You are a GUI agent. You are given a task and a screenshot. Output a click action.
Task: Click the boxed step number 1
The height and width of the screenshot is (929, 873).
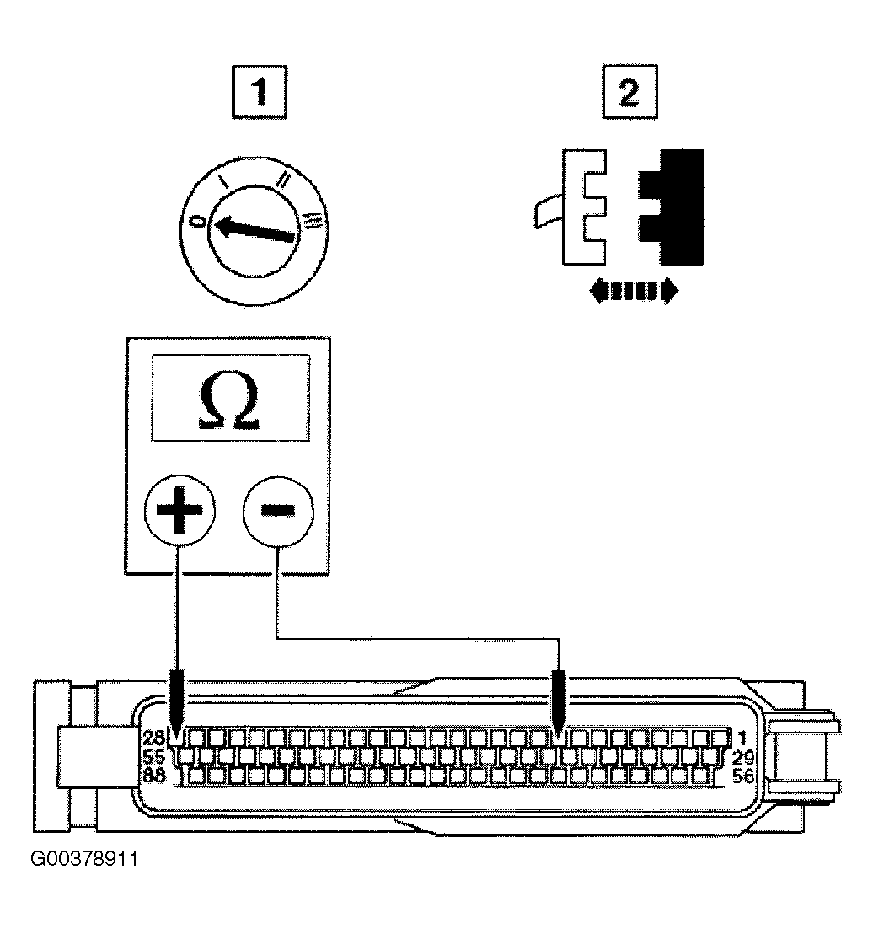tap(260, 93)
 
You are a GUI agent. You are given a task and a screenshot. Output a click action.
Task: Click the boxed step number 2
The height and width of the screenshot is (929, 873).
tap(629, 92)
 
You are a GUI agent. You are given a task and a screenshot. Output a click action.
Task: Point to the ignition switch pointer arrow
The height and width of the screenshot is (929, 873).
tap(254, 229)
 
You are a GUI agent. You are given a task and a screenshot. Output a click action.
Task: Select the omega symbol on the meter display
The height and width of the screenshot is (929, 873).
tap(230, 400)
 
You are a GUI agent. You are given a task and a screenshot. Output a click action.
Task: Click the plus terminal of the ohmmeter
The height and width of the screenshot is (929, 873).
tap(180, 510)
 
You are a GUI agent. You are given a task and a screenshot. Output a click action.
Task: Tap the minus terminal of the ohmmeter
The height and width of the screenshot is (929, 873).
tap(278, 510)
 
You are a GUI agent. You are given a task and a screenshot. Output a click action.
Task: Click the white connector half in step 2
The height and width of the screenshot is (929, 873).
tap(583, 207)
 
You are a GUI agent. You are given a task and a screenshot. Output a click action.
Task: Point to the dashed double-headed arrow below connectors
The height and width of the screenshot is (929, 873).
tap(634, 291)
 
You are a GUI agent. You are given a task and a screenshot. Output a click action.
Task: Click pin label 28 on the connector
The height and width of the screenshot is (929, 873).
tap(153, 738)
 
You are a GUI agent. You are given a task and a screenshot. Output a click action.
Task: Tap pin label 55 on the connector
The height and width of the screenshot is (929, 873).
tap(153, 756)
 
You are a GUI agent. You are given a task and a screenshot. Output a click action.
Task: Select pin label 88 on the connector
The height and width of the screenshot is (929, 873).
tap(153, 775)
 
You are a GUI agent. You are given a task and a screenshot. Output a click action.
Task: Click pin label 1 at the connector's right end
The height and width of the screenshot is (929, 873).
tap(742, 738)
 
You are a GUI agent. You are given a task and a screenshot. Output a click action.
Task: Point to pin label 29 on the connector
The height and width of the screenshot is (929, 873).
tap(742, 757)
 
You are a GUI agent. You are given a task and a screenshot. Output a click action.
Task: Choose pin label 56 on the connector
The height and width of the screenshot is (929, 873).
tap(742, 776)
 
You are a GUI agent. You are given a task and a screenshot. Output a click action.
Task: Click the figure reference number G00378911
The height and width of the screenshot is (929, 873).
tap(84, 858)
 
